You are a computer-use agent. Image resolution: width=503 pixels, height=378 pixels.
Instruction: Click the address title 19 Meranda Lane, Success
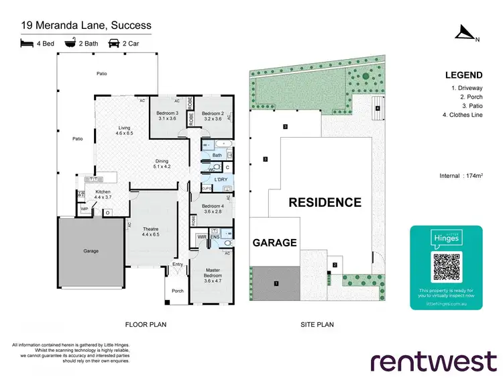(x=86, y=26)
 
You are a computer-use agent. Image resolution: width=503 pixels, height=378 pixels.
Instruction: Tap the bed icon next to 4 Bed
(x=27, y=44)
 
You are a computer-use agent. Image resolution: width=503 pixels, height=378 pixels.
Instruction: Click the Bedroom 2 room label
(x=212, y=115)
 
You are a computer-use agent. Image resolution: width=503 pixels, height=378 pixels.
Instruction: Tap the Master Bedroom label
(x=212, y=273)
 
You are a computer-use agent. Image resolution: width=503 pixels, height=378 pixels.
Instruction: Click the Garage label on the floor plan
(x=91, y=251)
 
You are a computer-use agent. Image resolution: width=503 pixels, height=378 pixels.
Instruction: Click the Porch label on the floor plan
(x=178, y=291)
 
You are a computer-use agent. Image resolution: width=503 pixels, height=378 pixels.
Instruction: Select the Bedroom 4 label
(x=212, y=208)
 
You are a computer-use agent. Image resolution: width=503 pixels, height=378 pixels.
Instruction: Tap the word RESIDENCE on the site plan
(x=325, y=202)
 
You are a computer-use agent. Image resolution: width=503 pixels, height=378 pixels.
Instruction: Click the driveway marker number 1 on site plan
(x=275, y=284)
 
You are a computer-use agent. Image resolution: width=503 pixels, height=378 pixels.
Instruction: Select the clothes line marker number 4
(x=378, y=108)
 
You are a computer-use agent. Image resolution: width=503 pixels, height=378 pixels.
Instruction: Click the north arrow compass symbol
(x=464, y=32)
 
